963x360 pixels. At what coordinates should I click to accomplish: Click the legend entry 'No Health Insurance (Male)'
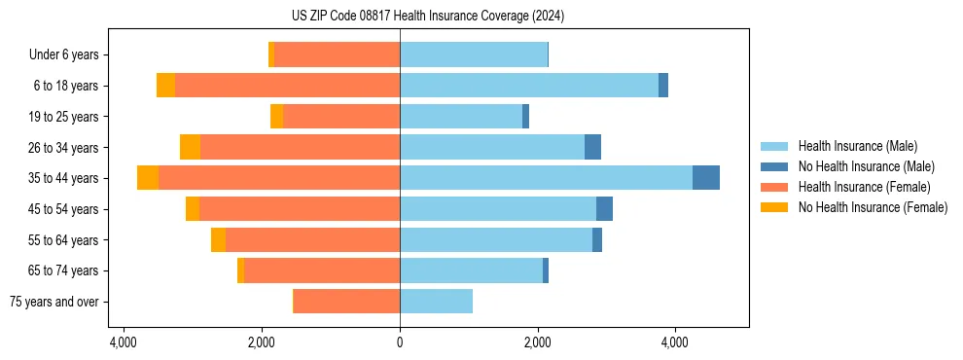pos(866,167)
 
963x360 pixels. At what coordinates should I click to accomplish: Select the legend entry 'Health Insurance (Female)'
pos(862,187)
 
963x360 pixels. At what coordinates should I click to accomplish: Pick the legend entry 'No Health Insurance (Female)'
pos(872,207)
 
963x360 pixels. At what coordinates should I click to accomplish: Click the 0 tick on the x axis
pos(400,342)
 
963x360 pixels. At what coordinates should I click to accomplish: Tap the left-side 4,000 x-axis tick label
pos(124,342)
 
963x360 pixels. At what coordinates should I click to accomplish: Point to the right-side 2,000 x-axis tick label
pos(538,342)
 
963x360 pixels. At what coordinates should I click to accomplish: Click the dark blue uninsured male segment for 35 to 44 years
pos(706,178)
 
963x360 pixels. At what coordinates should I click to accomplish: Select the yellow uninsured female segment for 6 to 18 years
pos(165,86)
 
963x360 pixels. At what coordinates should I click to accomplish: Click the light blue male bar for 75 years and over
pos(436,302)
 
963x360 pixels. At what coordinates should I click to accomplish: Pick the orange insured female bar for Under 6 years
pos(337,55)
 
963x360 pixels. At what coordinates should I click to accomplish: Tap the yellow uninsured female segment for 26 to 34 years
pos(190,147)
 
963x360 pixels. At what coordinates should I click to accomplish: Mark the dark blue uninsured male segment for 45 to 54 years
pos(604,209)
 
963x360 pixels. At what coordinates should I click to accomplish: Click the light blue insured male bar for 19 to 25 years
pos(461,117)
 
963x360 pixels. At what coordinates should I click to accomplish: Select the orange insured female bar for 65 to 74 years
pos(322,270)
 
